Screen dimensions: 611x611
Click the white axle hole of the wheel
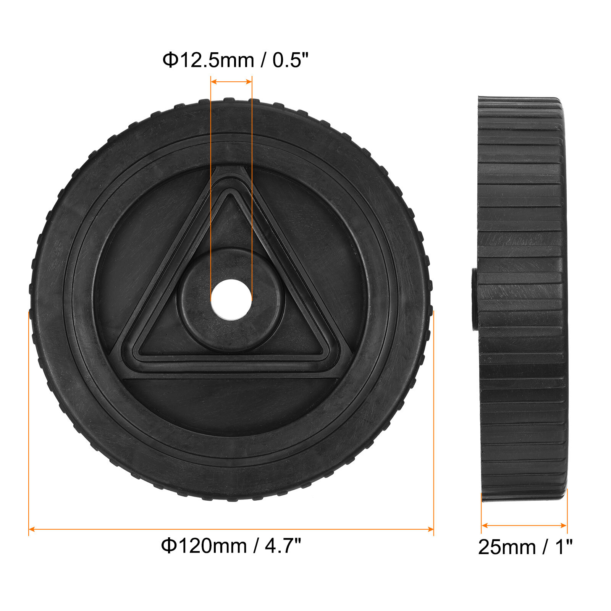pyautogui.click(x=231, y=299)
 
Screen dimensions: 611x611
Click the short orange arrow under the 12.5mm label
pyautogui.click(x=231, y=81)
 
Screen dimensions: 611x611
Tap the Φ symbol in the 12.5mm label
pyautogui.click(x=170, y=60)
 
